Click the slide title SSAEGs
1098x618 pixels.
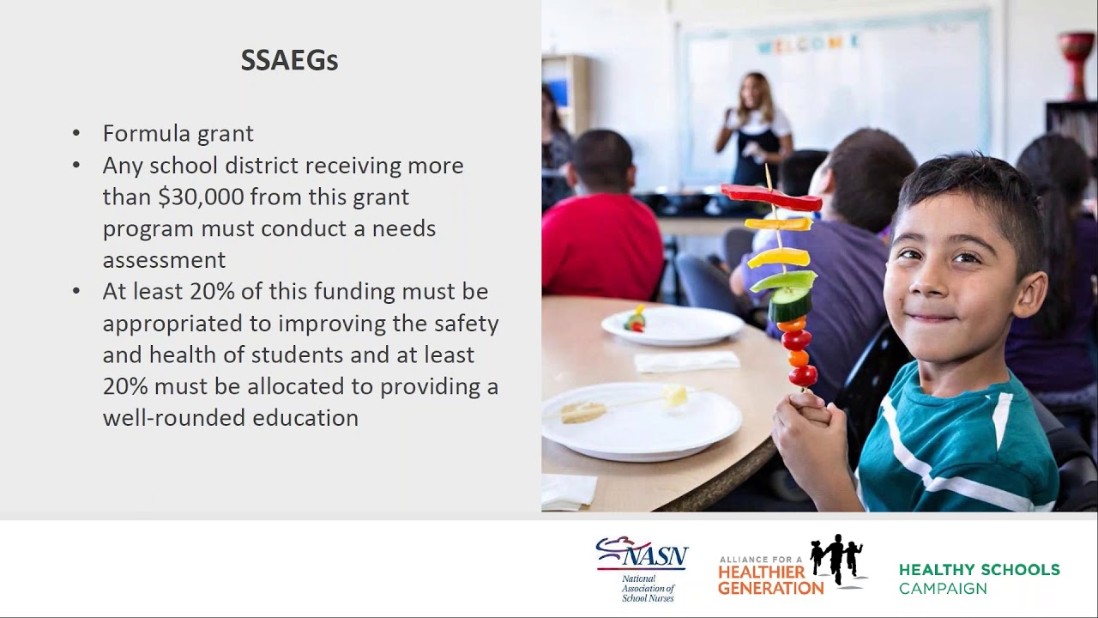coord(289,61)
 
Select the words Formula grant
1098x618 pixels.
coord(178,134)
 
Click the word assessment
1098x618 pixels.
coord(164,260)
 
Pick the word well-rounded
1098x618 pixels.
coord(172,418)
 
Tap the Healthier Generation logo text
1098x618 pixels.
coord(770,579)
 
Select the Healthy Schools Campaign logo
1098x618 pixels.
coord(979,579)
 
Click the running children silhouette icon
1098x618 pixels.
coord(837,560)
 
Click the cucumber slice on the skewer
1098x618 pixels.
coord(790,305)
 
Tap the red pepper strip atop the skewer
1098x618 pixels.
coord(770,197)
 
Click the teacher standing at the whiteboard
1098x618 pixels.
coord(754,129)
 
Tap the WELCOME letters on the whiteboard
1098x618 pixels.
coord(806,44)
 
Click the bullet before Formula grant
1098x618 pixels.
coord(76,134)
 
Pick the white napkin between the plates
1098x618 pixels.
coord(686,361)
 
